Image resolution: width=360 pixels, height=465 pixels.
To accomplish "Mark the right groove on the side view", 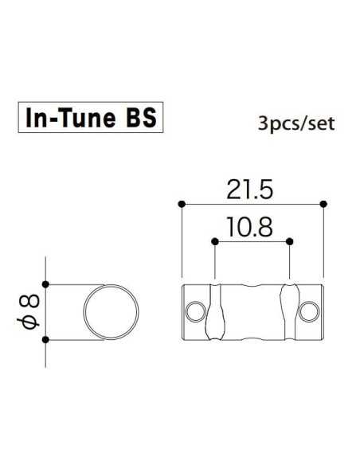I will coord(290,311).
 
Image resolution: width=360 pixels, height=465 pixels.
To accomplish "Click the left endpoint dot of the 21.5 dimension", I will coord(182,204).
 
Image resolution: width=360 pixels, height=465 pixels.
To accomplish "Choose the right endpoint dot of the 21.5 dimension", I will coord(323,204).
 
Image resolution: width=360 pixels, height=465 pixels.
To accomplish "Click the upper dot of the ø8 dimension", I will coord(47,284).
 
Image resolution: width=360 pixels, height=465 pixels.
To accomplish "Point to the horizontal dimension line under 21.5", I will coord(252,204).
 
